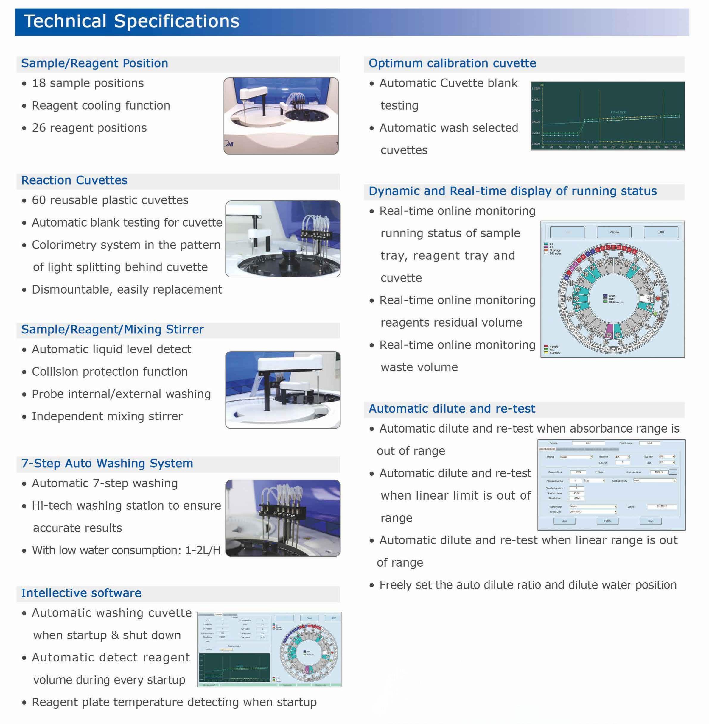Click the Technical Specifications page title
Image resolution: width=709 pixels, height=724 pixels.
[131, 21]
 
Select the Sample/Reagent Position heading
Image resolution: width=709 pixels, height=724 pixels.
[95, 63]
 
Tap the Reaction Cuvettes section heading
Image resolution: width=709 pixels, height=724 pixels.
[74, 180]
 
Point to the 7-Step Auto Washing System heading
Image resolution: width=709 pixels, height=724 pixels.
[107, 464]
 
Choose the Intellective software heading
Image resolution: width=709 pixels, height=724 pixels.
[81, 593]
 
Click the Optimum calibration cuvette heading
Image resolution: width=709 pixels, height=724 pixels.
[452, 63]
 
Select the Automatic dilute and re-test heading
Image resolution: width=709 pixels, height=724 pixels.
[452, 409]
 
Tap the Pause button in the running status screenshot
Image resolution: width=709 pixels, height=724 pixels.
[614, 232]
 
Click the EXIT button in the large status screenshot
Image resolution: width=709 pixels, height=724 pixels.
[661, 232]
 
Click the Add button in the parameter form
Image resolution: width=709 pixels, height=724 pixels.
[564, 521]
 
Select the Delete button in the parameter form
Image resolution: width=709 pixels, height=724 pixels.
[607, 521]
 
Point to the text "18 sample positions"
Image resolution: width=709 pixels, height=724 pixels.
[88, 83]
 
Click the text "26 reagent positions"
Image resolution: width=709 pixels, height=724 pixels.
[89, 128]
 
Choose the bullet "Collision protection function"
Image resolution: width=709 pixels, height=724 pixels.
[110, 372]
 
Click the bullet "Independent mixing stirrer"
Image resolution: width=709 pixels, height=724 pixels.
[107, 416]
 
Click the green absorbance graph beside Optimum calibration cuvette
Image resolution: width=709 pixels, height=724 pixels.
[607, 116]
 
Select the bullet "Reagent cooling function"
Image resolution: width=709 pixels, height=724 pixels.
[101, 106]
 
